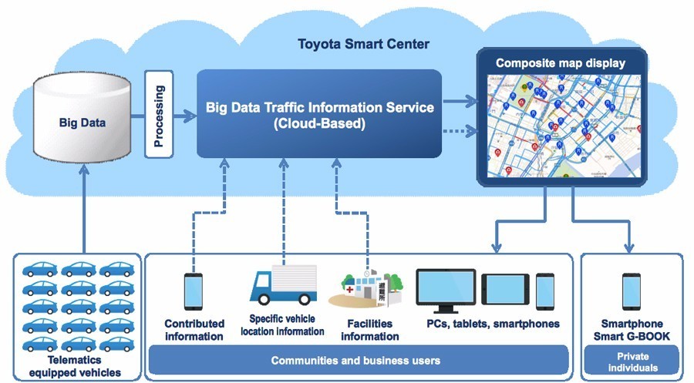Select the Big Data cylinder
[83, 122]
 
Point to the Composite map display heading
[560, 62]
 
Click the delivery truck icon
[283, 284]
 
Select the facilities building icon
[366, 286]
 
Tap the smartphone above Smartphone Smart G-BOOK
[631, 291]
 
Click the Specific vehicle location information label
[282, 324]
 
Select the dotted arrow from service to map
[460, 130]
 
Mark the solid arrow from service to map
[460, 100]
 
